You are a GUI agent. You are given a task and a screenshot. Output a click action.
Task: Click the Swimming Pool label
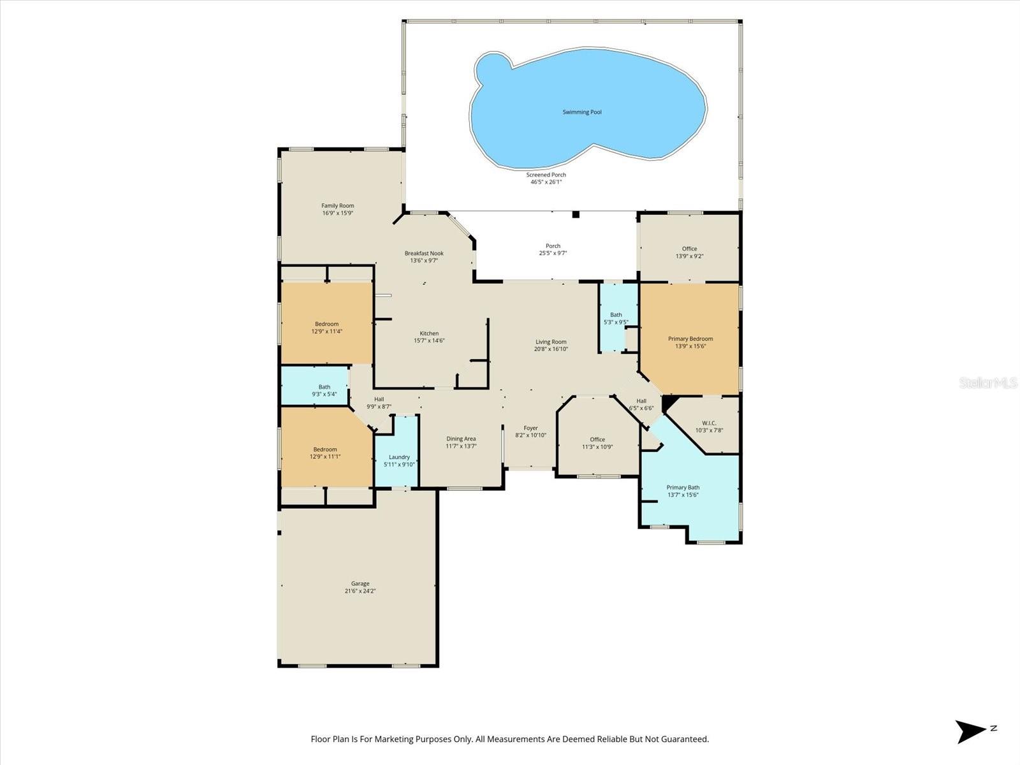tap(581, 112)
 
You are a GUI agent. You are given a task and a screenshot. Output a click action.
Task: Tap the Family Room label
tap(337, 206)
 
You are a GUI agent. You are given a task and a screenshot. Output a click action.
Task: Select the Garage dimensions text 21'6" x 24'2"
tap(360, 591)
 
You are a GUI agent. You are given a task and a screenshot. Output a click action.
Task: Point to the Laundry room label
tap(399, 457)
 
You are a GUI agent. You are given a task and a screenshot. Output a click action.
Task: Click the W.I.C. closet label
tap(709, 423)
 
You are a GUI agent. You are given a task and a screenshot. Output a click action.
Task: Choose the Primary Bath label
tap(683, 488)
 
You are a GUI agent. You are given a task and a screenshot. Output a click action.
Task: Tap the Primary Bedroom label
tap(690, 339)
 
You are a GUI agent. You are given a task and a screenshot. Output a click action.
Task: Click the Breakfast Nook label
tap(424, 253)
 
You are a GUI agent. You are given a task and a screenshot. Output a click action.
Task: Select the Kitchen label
tap(429, 333)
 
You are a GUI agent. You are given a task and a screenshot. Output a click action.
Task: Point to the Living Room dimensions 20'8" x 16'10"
tap(551, 349)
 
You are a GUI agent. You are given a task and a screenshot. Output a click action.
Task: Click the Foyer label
tap(530, 428)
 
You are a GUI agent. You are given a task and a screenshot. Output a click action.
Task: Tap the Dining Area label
tap(461, 439)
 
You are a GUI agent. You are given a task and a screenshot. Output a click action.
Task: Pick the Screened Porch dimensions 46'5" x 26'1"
tap(546, 182)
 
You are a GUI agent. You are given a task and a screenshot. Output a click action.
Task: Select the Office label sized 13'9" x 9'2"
tap(689, 249)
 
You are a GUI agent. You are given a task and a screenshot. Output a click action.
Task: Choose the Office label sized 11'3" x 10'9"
tap(597, 439)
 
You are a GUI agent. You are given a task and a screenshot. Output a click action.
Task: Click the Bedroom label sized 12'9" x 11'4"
tap(326, 324)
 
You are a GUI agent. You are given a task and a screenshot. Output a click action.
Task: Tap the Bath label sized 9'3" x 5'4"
tap(324, 387)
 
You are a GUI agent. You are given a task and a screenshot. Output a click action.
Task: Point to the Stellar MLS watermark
tap(987, 382)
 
